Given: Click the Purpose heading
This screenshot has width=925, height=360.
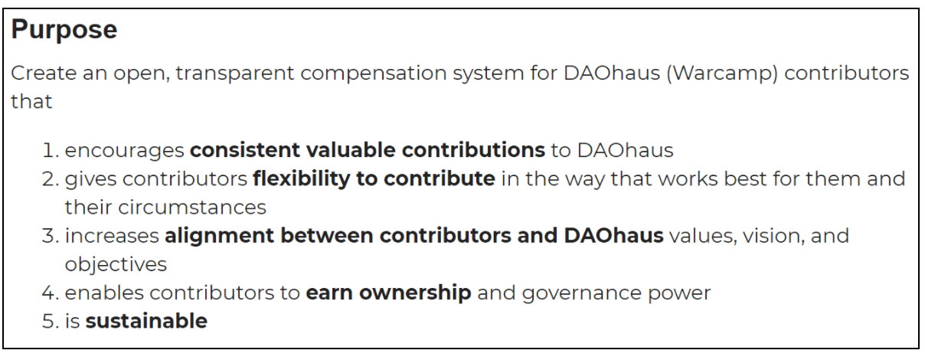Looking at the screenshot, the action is pos(64,31).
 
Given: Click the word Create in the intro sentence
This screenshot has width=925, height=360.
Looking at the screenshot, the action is pos(44,74).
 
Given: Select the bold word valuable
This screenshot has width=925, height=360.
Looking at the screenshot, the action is pos(351,149).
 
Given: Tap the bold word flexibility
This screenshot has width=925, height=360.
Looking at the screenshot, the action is pos(302,179).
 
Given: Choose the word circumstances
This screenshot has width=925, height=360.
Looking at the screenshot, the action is pos(192,208).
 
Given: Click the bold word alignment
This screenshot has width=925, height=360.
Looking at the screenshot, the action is pos(220,237).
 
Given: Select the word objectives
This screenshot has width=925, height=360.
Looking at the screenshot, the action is pos(116,264).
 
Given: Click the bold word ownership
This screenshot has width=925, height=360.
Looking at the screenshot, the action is pos(415,293).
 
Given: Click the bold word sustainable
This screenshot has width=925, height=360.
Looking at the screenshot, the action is pos(146,321).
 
